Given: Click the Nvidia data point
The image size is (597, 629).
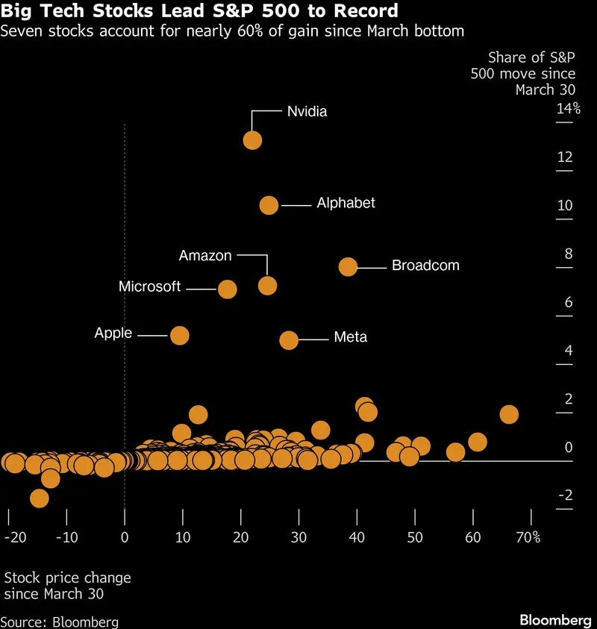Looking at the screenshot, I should click(252, 140).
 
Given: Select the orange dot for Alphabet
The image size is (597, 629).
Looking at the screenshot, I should click(269, 205).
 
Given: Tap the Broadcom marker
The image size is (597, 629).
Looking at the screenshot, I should click(348, 266).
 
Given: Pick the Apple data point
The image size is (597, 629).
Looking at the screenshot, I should click(179, 336).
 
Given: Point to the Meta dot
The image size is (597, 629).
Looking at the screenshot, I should click(289, 340).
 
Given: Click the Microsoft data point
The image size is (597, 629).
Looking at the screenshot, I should click(227, 290).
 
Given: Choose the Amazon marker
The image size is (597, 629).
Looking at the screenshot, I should click(267, 285).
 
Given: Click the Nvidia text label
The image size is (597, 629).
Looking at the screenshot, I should click(307, 112).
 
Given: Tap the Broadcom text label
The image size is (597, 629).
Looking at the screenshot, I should click(425, 266).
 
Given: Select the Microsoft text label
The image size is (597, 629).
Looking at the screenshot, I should click(149, 287).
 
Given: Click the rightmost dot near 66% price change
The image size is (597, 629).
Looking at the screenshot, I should click(508, 415).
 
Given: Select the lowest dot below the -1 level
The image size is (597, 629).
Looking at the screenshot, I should click(39, 498).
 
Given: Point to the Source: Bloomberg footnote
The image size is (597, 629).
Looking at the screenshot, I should click(60, 622).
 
